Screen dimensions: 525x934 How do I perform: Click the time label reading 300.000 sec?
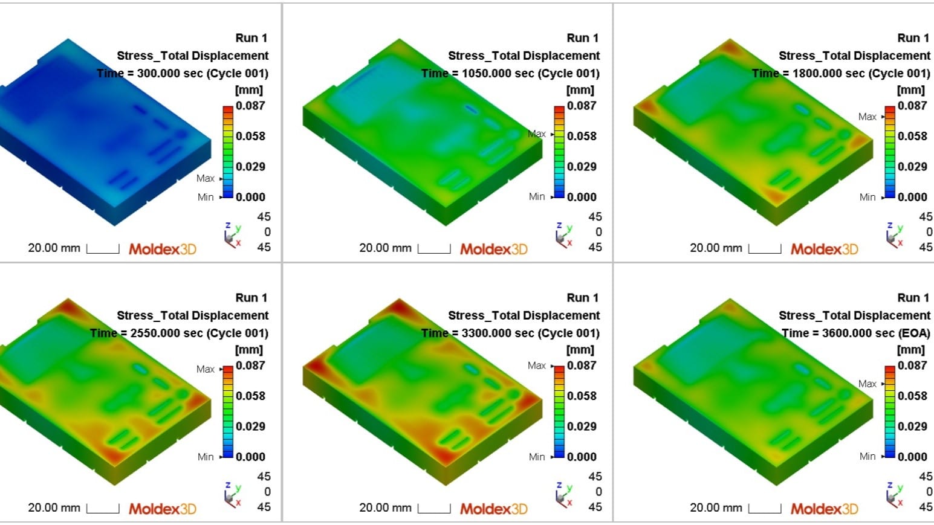point(183,73)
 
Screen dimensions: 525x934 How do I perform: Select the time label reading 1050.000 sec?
point(511,73)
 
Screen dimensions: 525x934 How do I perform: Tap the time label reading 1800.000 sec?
point(842,73)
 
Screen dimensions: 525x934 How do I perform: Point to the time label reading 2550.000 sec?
point(180,333)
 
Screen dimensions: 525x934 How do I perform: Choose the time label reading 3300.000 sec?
point(511,333)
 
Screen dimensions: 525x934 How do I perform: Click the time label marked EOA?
point(856,333)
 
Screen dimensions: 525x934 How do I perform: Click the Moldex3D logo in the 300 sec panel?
point(162,249)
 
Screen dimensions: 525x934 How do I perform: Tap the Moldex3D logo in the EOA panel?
point(824,509)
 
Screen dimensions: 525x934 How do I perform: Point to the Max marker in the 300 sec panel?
point(206,178)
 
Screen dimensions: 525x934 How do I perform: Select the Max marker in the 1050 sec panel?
point(537,134)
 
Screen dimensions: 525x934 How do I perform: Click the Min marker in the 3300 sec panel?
point(537,457)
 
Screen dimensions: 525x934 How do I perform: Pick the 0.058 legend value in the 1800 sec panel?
point(912,136)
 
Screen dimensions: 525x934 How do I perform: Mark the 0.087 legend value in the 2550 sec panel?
point(250,365)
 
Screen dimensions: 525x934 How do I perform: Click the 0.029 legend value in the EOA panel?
point(912,426)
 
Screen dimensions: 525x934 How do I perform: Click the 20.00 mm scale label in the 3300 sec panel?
point(385,507)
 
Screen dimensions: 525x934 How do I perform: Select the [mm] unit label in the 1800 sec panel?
point(910,90)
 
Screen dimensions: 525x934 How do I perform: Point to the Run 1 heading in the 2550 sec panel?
point(251,297)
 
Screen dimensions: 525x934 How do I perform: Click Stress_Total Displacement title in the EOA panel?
point(855,315)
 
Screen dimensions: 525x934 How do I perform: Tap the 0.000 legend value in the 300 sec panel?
point(250,197)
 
